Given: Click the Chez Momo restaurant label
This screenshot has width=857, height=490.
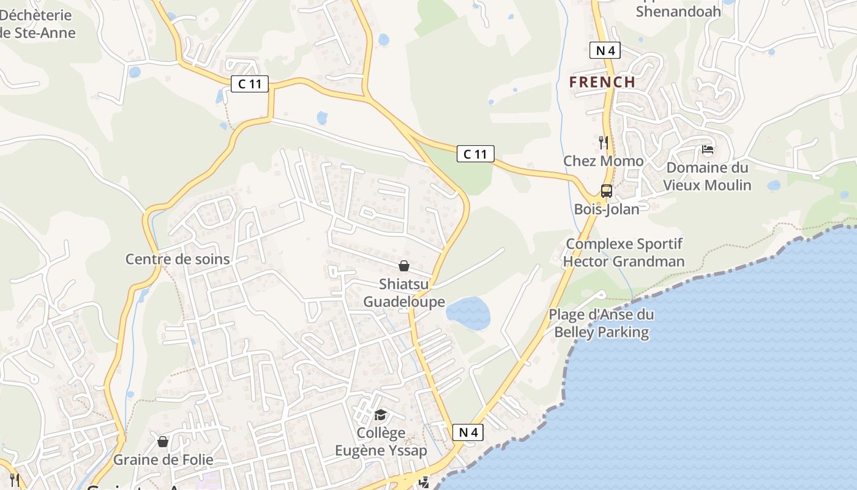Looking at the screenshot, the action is [603, 161].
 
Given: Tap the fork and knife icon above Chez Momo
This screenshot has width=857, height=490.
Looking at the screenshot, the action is [604, 143].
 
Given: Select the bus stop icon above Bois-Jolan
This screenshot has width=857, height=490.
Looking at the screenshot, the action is [606, 190].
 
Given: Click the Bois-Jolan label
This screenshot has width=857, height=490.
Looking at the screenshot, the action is [606, 209].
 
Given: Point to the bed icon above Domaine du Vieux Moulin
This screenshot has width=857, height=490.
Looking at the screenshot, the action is [708, 149].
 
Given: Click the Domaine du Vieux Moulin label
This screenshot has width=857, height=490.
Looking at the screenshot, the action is [707, 176].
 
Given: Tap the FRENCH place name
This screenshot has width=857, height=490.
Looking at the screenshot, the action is [602, 82].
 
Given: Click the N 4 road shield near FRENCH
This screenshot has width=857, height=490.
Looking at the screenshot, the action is [605, 50].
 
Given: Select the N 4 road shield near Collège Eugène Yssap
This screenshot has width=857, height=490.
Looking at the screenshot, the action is [468, 432].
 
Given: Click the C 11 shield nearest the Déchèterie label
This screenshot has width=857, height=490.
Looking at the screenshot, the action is [250, 84].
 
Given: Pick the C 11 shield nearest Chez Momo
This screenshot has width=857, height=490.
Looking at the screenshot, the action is [475, 154].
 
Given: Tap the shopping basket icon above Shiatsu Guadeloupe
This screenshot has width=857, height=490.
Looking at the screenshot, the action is [404, 266].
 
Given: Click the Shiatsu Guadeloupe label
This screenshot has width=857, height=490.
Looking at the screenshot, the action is [404, 293].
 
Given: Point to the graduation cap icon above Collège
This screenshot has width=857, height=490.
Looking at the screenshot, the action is [380, 415].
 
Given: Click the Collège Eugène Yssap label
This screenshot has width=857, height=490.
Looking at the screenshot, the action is [381, 442].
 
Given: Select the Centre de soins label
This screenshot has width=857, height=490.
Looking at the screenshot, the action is [178, 259].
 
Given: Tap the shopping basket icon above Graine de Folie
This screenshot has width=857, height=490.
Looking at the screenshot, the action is [163, 442].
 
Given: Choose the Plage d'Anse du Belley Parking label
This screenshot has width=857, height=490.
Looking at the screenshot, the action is [601, 323].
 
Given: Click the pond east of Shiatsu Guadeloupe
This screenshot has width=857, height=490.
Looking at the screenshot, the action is [468, 313].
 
